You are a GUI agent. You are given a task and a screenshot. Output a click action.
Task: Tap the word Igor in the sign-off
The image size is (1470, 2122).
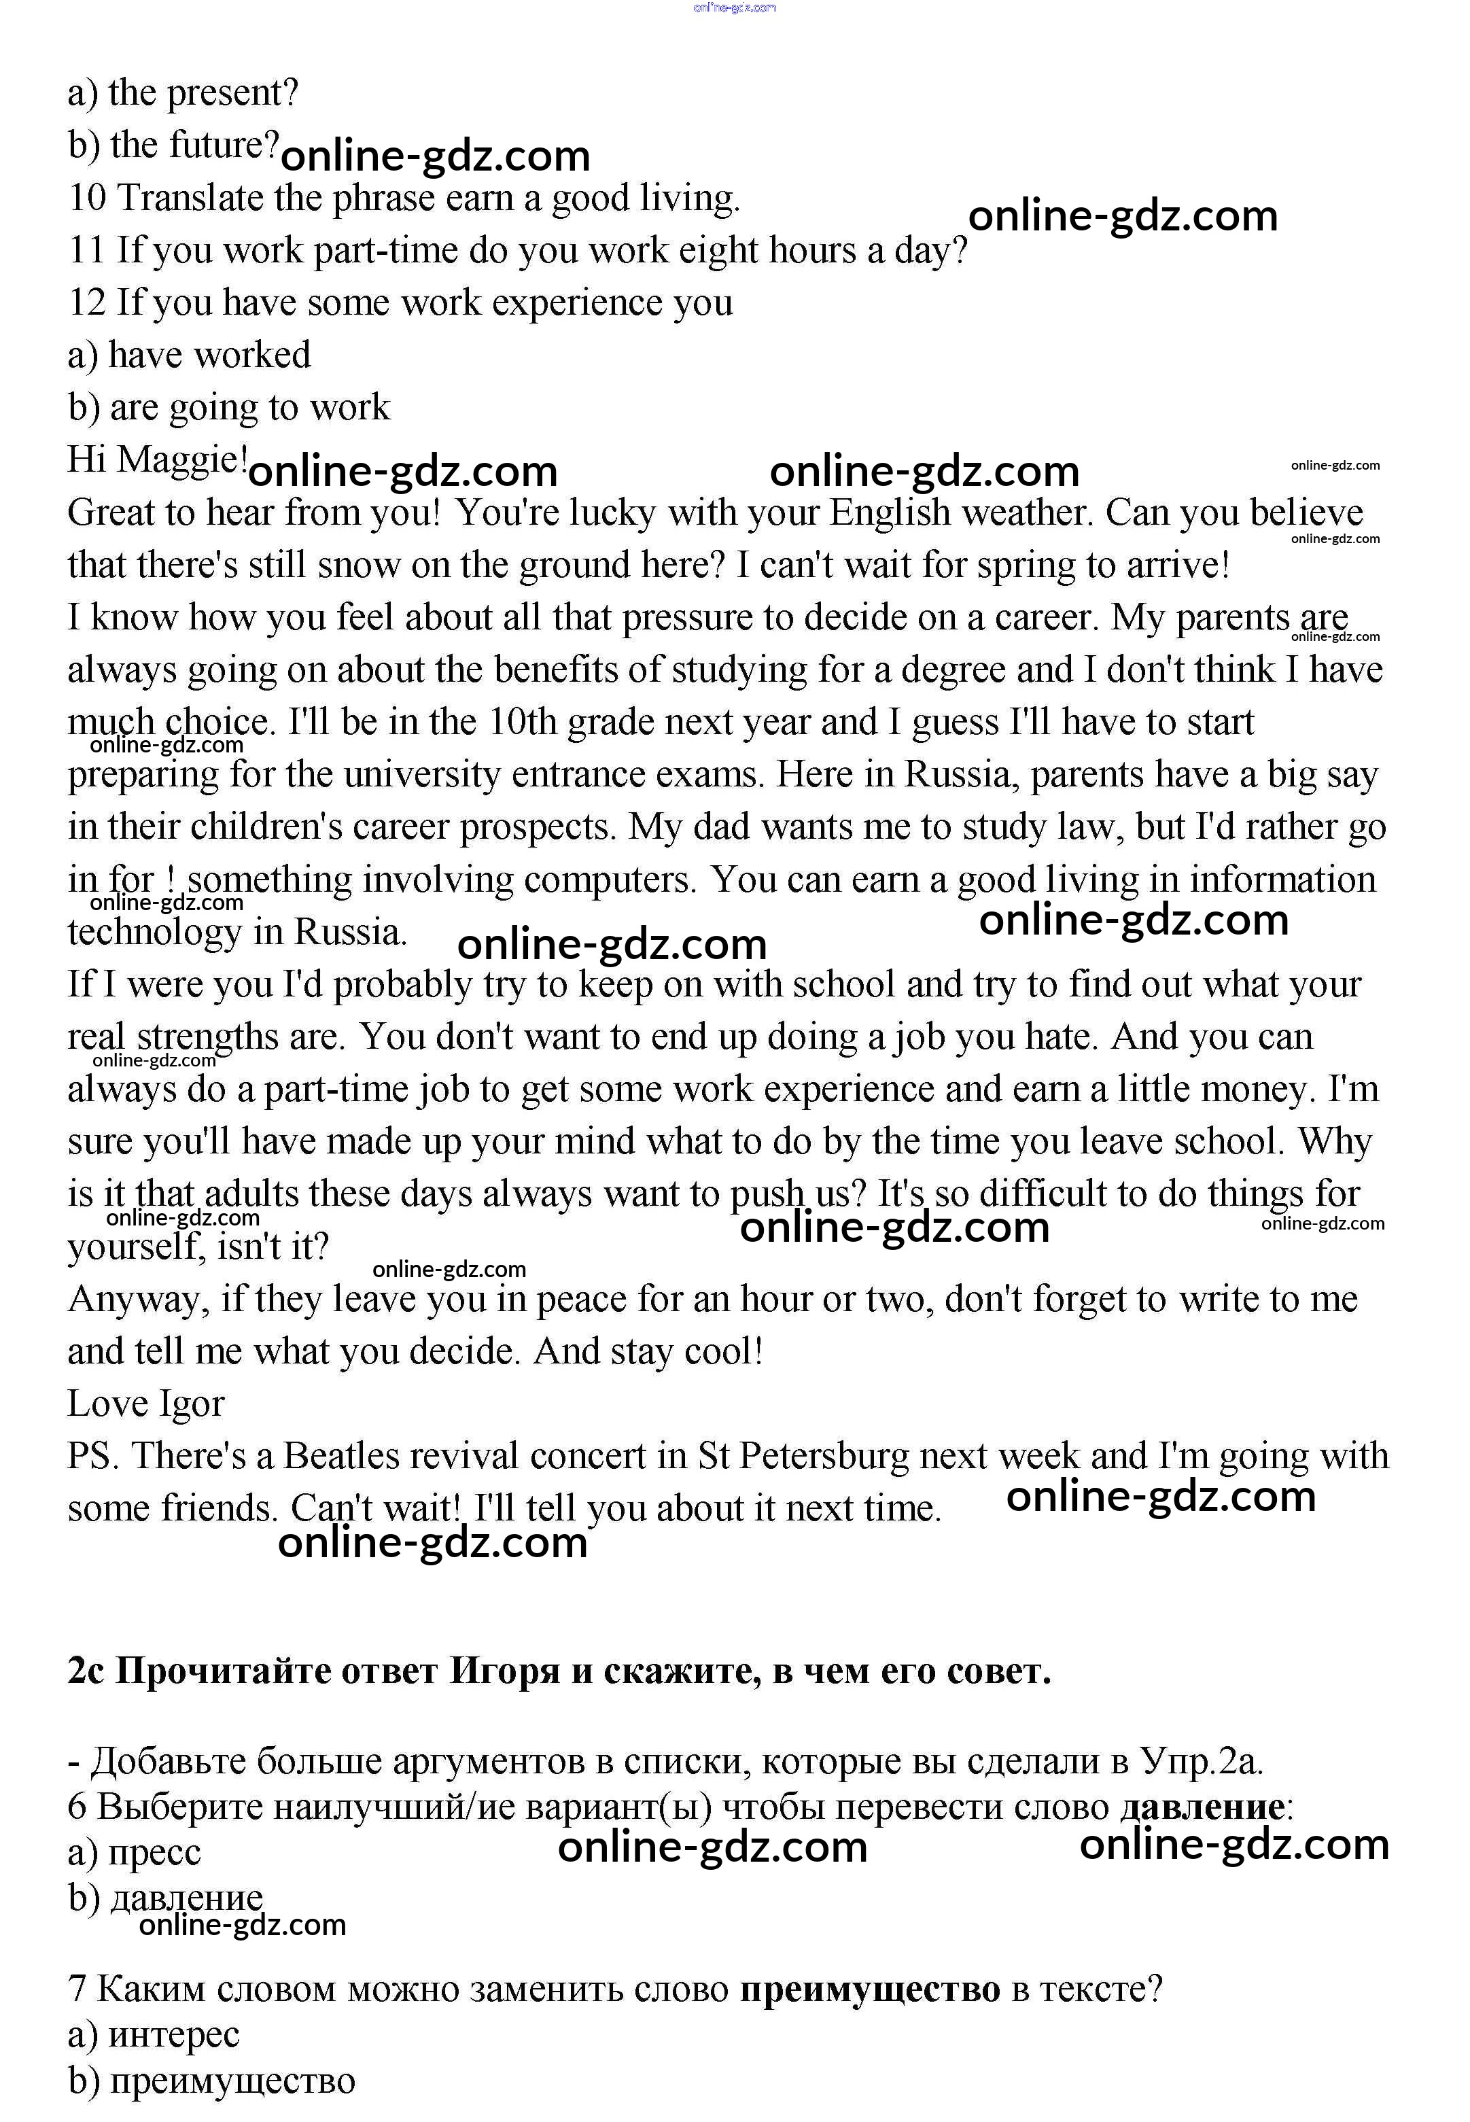[x=192, y=1404]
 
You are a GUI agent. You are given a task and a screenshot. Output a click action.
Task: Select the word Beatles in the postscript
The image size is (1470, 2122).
[x=340, y=1456]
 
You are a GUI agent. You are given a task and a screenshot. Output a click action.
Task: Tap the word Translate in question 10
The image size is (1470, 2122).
[x=191, y=198]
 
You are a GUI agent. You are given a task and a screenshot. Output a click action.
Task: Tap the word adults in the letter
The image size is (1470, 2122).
[x=251, y=1194]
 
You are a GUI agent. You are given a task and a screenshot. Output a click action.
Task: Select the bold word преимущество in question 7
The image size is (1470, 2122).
[x=869, y=1989]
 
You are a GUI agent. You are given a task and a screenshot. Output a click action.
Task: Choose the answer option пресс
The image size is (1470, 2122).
[x=154, y=1853]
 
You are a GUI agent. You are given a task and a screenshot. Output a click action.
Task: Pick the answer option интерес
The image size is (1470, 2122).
[x=173, y=2034]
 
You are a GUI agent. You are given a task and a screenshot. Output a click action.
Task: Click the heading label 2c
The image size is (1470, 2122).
[x=86, y=1670]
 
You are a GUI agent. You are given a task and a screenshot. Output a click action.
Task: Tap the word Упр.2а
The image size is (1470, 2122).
[x=1200, y=1761]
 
